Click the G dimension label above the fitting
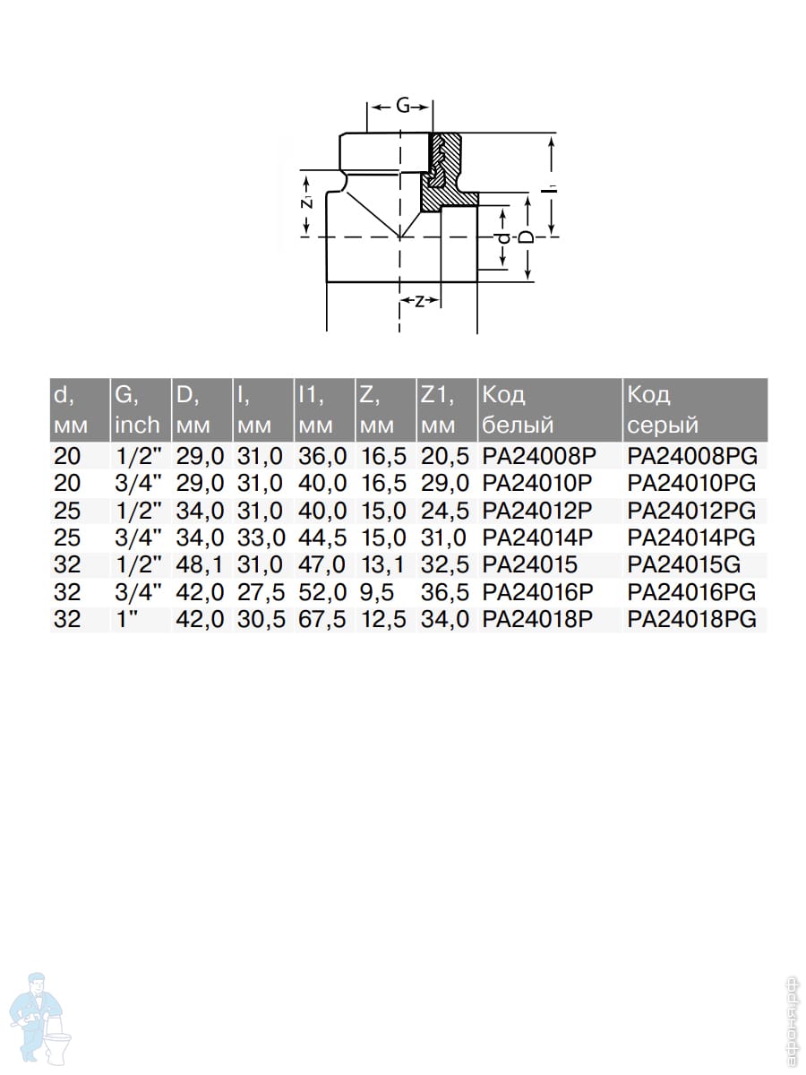pyautogui.click(x=402, y=106)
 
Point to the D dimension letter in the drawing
pyautogui.click(x=527, y=237)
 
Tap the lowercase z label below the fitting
pyautogui.click(x=419, y=301)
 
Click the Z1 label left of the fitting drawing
pyautogui.click(x=307, y=202)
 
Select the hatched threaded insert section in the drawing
pyautogui.click(x=444, y=171)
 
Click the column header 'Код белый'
pyautogui.click(x=518, y=410)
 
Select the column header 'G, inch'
pyautogui.click(x=138, y=410)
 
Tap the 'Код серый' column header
pyautogui.click(x=663, y=410)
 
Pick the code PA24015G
pyautogui.click(x=684, y=564)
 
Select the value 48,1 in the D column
pyautogui.click(x=200, y=564)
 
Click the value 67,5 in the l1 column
pyautogui.click(x=322, y=619)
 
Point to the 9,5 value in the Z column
pyautogui.click(x=377, y=592)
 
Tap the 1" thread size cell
pyautogui.click(x=125, y=619)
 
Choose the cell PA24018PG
pyautogui.click(x=692, y=619)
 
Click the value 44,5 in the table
pyautogui.click(x=322, y=537)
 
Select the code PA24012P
pyautogui.click(x=537, y=511)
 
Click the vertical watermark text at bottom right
pyautogui.click(x=792, y=1023)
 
